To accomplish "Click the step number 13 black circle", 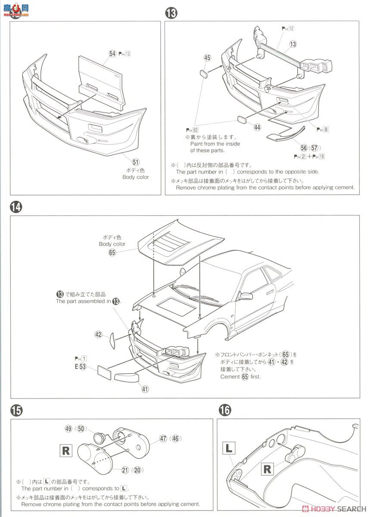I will [171, 13].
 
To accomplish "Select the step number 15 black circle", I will [16, 411].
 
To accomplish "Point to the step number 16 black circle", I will [224, 410].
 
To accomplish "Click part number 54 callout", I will [112, 53].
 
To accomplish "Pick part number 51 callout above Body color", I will [136, 162].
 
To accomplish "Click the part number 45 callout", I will [207, 58].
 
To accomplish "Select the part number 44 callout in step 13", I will [257, 127].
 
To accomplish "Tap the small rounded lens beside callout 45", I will [204, 73].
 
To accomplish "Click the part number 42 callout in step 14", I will [99, 334].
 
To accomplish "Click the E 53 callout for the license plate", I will [81, 367].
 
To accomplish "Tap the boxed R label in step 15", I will [66, 451].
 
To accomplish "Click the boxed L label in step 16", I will [229, 448].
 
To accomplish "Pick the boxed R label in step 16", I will [267, 469].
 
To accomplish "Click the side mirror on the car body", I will [246, 296].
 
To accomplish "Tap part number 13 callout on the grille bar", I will [293, 44].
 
